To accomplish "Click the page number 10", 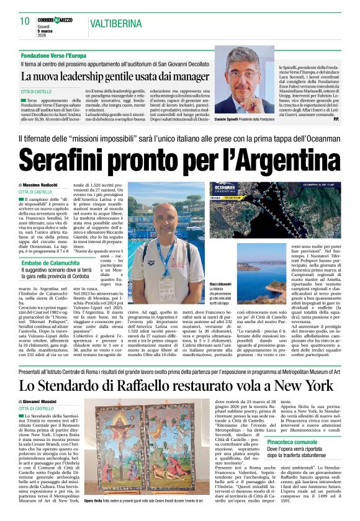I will [x=24, y=21].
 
